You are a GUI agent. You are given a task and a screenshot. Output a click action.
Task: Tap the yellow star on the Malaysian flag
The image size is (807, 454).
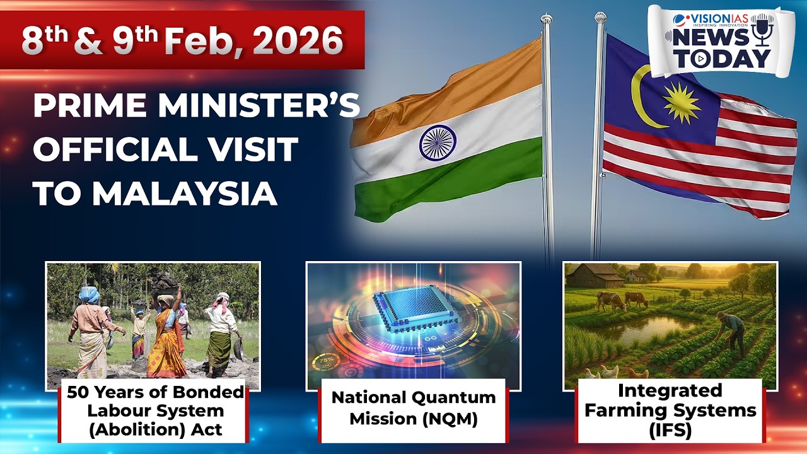pos(682,102)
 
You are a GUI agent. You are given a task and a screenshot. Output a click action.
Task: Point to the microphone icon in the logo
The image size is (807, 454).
pos(762,31)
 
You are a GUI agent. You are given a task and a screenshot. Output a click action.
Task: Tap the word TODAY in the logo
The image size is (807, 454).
pos(722,59)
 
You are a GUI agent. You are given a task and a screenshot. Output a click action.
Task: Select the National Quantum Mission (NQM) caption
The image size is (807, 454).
pos(413,408)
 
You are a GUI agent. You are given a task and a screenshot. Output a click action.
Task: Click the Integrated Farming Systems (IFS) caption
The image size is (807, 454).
pos(670,409)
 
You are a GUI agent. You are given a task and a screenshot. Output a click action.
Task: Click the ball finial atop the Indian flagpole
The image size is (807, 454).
pos(546,18)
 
